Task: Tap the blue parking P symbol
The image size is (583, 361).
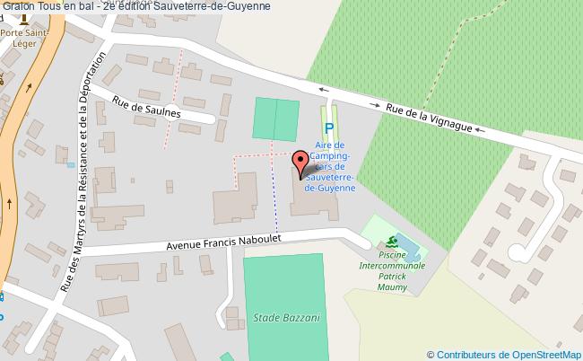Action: [x=328, y=129]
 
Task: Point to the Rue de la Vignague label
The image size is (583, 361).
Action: [x=429, y=119]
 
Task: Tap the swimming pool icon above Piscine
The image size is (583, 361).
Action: [x=390, y=242]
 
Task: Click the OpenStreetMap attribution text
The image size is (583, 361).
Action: [x=504, y=354]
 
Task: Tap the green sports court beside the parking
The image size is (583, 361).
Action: [x=275, y=119]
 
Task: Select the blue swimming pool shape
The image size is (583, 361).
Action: [x=405, y=243]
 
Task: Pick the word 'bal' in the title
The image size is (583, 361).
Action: [x=84, y=7]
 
